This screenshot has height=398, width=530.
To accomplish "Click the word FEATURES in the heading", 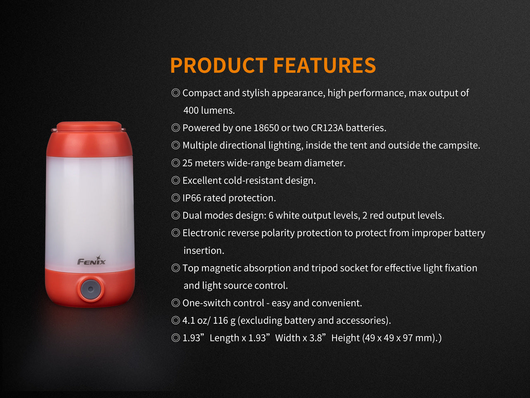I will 325,66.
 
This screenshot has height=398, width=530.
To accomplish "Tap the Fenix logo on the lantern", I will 92,261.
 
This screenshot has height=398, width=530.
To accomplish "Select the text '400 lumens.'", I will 209,110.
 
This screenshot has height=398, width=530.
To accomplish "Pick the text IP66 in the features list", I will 192,198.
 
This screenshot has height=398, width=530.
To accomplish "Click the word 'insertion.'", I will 204,250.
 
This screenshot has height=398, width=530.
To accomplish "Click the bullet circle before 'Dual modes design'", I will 176,215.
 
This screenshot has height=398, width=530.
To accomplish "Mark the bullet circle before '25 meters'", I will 176,163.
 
